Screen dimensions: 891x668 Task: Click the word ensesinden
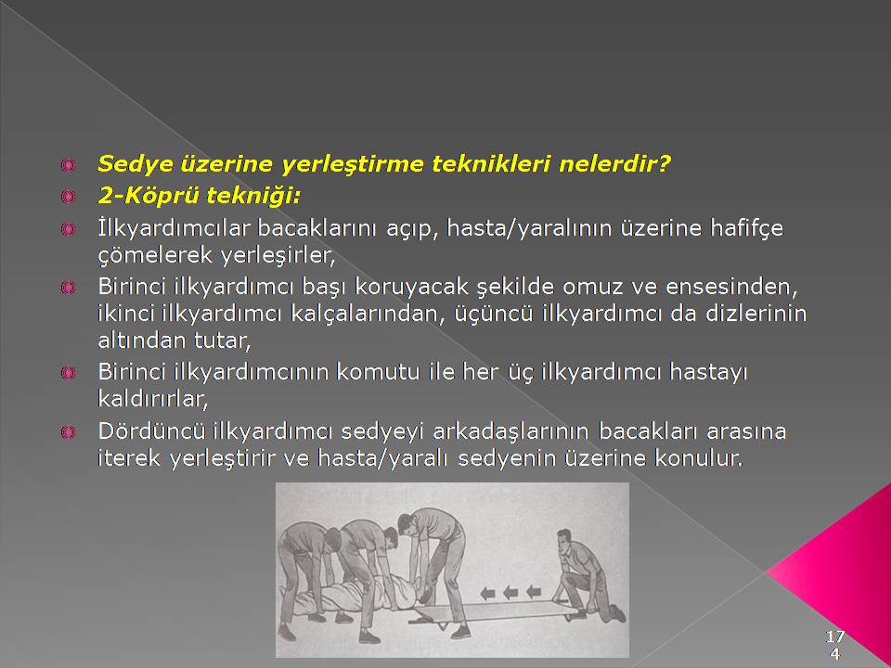click(x=731, y=287)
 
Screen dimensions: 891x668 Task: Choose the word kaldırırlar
click(x=153, y=399)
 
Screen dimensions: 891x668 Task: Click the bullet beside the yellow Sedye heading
click(x=68, y=165)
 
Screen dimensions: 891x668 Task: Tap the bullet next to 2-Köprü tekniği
click(x=68, y=197)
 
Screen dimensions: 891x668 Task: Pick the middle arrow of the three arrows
click(x=510, y=593)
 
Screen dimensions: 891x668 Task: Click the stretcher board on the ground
click(x=493, y=610)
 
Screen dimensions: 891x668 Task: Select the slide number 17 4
click(x=834, y=644)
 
